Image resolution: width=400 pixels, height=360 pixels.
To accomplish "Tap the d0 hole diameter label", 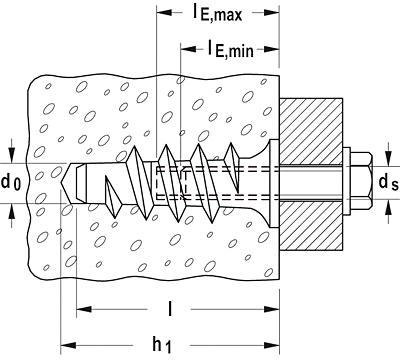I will (11, 183).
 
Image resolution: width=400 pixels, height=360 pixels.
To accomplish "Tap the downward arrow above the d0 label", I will (11, 154).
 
